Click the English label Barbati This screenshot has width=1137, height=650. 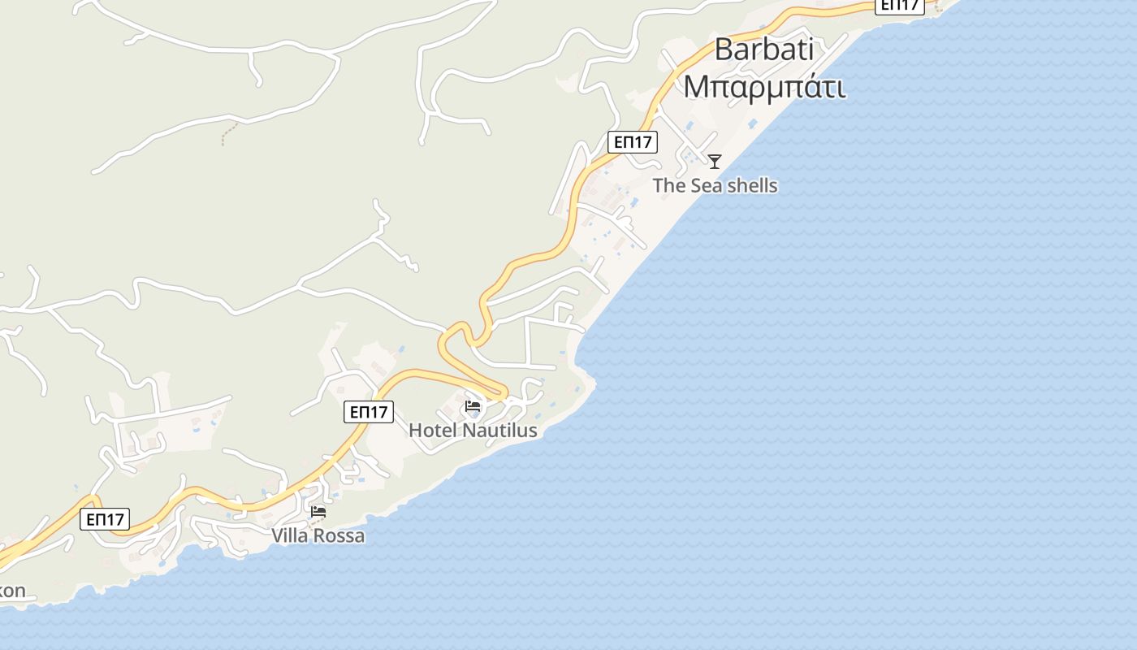763,49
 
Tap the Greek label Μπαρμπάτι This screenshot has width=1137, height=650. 763,85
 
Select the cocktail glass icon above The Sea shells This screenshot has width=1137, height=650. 715,162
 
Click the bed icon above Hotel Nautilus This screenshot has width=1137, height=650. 473,406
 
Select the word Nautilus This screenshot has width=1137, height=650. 500,431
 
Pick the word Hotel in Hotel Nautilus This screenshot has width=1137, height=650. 433,431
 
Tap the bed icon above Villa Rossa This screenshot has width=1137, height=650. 318,512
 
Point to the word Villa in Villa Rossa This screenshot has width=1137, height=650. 290,536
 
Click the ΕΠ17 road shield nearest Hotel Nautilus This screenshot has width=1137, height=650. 369,412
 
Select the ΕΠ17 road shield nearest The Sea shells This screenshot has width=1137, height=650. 633,142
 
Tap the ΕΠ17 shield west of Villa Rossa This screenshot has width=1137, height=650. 105,519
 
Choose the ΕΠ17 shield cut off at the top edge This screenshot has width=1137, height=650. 900,6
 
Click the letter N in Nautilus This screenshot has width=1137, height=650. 469,431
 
